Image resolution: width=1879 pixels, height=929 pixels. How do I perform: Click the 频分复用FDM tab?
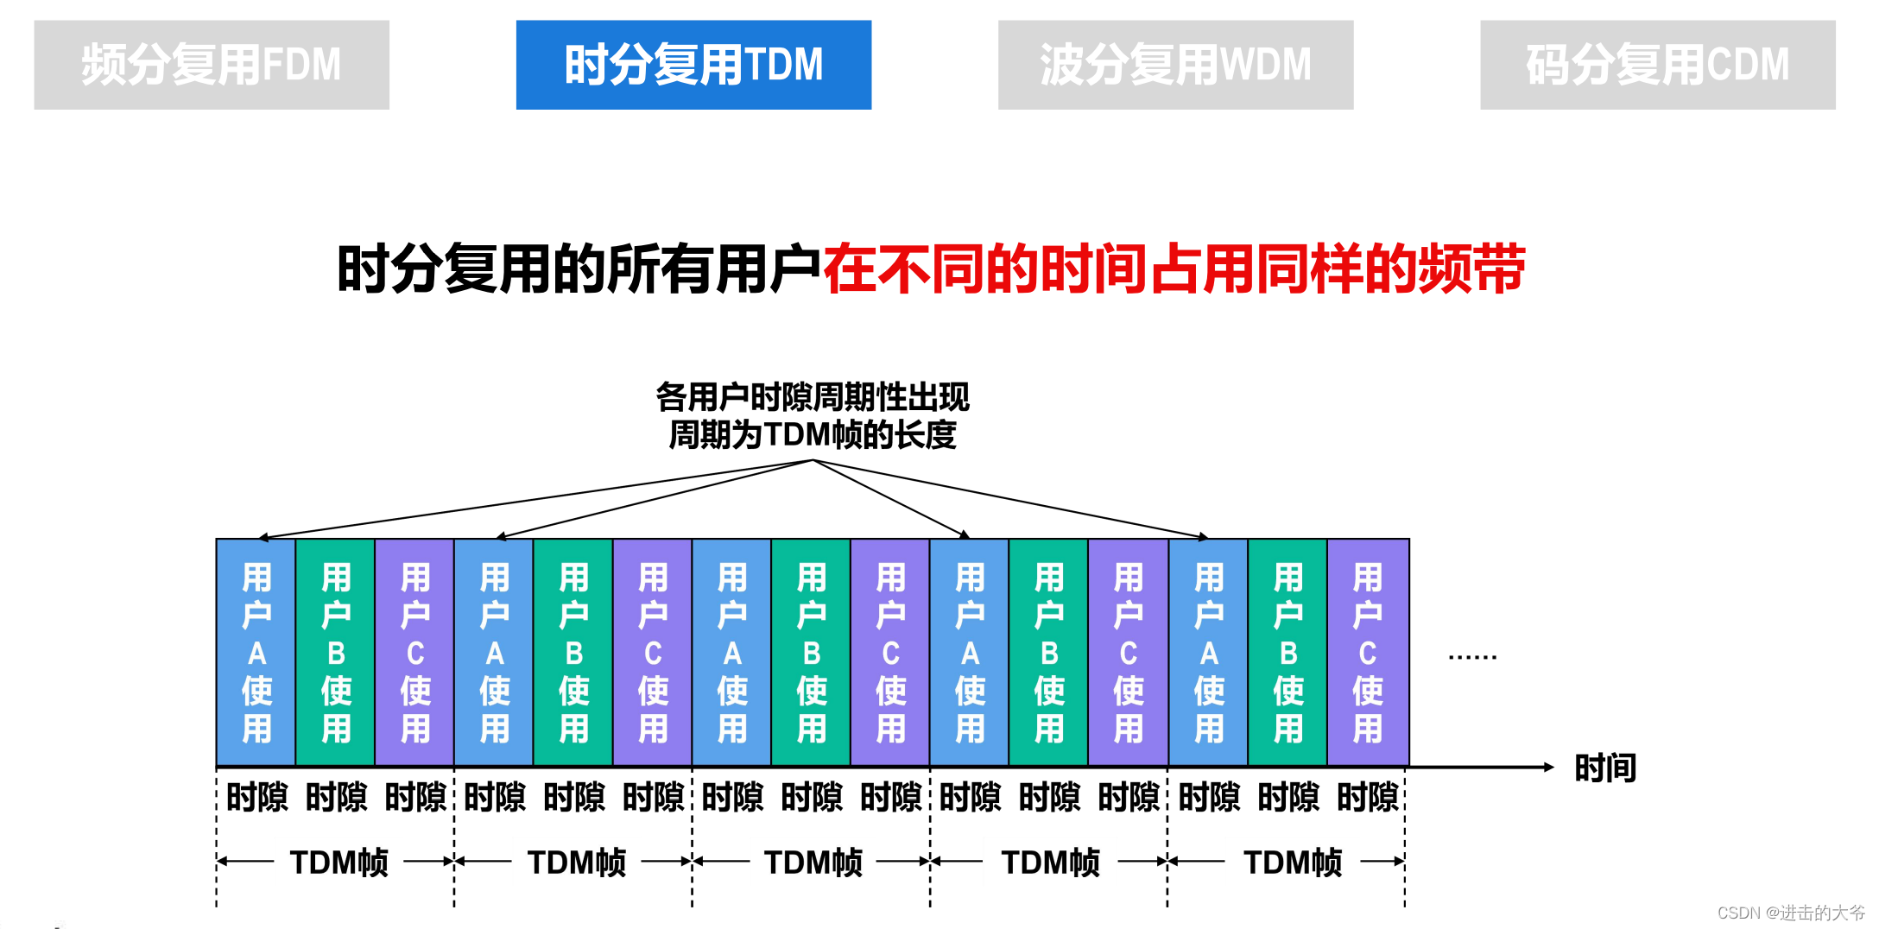coord(212,65)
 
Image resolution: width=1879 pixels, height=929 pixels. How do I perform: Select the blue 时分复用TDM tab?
coord(693,65)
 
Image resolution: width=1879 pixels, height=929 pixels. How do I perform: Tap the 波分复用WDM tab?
coord(1175,65)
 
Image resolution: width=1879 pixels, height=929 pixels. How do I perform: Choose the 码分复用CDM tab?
coord(1657,65)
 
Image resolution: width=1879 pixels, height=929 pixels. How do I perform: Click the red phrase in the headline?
coord(1174,269)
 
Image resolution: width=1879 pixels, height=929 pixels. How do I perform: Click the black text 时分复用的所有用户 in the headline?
coord(579,269)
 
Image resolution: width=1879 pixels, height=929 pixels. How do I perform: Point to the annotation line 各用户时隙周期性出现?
coord(813,397)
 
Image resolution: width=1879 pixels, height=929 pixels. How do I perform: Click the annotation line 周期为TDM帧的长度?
coord(813,434)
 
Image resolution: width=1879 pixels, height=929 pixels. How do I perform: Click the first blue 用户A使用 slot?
coord(256,653)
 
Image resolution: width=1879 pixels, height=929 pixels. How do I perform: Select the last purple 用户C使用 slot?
coord(1368,653)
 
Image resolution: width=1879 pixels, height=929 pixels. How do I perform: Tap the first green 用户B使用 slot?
coord(336,653)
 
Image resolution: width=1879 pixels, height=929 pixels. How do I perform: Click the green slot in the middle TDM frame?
coord(812,653)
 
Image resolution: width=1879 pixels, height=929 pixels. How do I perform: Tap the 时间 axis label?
coord(1605,768)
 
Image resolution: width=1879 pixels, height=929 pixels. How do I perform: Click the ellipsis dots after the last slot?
coord(1472,658)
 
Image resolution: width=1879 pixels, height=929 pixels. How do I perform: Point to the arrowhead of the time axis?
coord(1549,767)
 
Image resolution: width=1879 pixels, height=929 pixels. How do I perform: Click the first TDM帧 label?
coord(338,862)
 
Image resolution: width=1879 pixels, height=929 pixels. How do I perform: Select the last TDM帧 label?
coord(1293,862)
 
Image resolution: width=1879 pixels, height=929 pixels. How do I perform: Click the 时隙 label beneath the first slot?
coord(256,797)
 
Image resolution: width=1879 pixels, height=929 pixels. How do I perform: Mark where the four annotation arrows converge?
coord(813,460)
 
